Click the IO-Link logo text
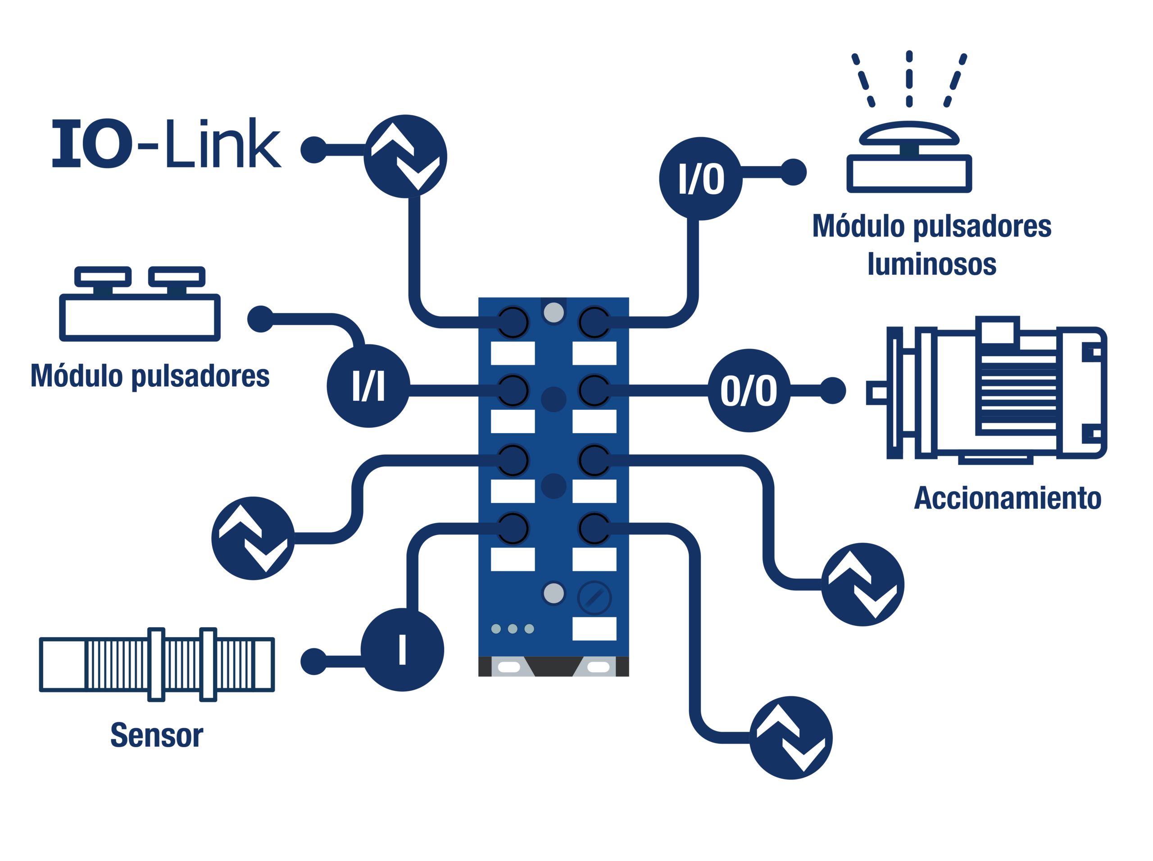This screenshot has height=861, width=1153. (x=167, y=143)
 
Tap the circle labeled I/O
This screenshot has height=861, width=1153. (x=700, y=179)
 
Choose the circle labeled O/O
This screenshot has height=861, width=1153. (x=749, y=390)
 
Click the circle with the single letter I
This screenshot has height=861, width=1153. (x=402, y=650)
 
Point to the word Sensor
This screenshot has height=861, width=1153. (x=157, y=735)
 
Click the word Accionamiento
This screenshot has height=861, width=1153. (x=1008, y=498)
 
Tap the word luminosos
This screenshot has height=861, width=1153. (x=932, y=264)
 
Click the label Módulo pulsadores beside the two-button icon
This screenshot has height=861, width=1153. (x=150, y=376)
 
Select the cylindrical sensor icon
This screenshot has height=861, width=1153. (x=157, y=665)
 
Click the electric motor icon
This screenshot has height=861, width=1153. (x=987, y=390)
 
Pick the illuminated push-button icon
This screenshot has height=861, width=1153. (x=909, y=122)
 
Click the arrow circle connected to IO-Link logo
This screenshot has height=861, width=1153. (x=405, y=156)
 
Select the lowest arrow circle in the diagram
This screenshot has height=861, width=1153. (x=791, y=738)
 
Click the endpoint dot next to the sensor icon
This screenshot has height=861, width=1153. (x=314, y=662)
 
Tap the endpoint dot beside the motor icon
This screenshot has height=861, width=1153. (x=832, y=390)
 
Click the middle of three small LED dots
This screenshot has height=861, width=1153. (x=513, y=629)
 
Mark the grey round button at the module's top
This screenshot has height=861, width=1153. (x=554, y=313)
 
